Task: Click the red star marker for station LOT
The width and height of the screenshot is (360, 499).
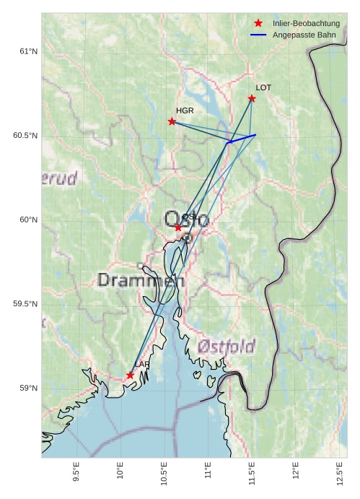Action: (252, 98)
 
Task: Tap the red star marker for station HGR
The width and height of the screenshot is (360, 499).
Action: (172, 121)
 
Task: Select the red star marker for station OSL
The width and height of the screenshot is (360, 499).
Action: (178, 227)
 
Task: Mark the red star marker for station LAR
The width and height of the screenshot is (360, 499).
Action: (130, 376)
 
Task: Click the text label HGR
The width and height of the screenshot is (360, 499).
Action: (185, 110)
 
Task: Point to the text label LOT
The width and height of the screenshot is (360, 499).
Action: (263, 87)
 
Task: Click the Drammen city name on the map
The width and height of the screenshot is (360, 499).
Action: (141, 280)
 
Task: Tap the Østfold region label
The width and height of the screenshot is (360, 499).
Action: (226, 347)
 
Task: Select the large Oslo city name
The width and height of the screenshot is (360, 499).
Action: (187, 219)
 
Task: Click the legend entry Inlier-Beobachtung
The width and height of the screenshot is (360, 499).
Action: (306, 24)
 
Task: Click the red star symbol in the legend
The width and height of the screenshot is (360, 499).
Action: (258, 24)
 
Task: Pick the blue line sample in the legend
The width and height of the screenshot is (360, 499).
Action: (258, 35)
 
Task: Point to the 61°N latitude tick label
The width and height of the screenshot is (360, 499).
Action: (28, 51)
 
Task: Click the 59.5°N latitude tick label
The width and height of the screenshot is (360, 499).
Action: (25, 304)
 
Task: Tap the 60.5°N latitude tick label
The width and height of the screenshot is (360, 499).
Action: (25, 136)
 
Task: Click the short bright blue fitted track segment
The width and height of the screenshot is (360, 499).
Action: (242, 139)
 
